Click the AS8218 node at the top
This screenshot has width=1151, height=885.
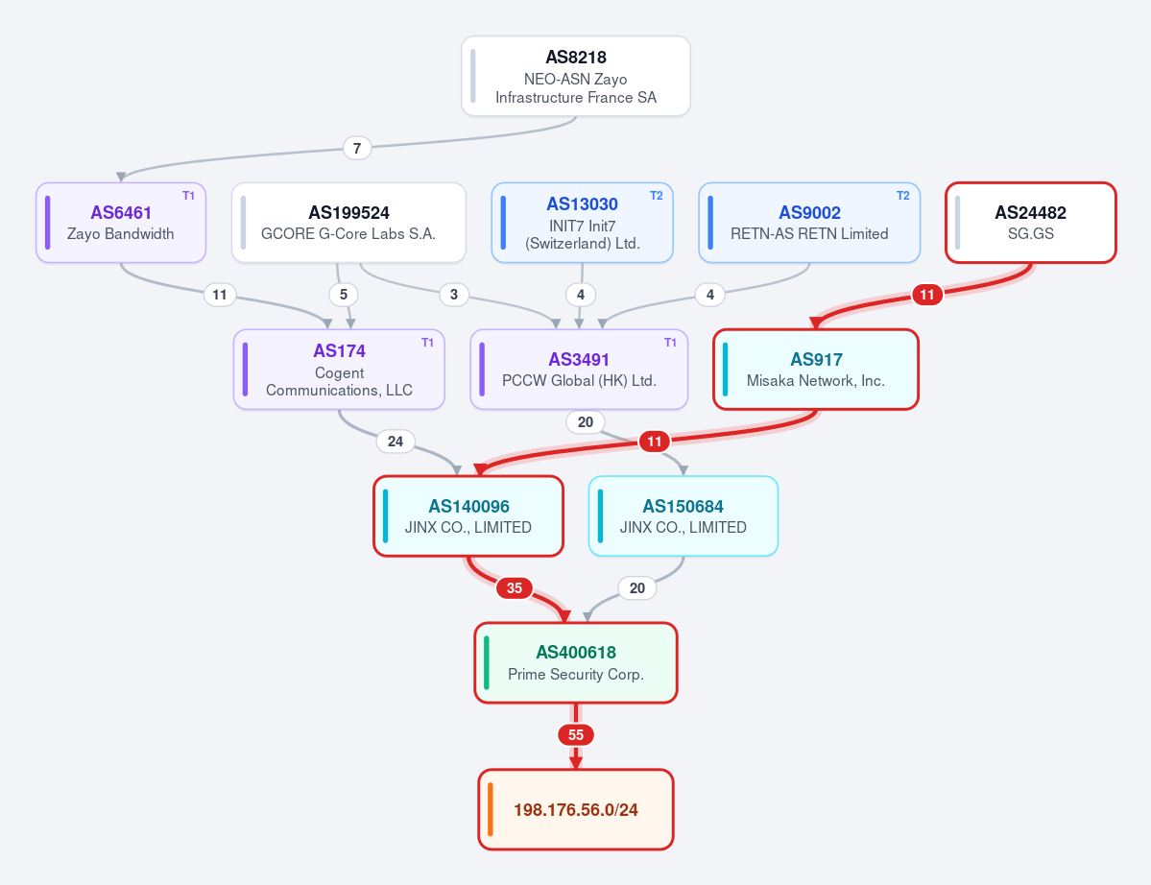click(576, 77)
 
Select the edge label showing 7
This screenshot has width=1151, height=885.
click(357, 148)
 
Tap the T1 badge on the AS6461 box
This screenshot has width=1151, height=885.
click(189, 196)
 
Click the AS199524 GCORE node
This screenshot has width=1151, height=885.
click(348, 223)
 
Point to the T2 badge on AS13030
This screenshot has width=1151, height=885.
click(657, 196)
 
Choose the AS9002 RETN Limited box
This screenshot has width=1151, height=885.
click(809, 223)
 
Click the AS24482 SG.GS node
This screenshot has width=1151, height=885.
click(1031, 223)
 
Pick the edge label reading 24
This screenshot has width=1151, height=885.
click(396, 441)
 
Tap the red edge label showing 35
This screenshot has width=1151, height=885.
click(515, 587)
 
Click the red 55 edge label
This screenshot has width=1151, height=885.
click(576, 734)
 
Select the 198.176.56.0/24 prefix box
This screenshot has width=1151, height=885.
click(576, 809)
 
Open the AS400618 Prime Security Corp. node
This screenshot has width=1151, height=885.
click(576, 662)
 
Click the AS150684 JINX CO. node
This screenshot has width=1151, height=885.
click(683, 515)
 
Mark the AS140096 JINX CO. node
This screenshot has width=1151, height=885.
click(468, 515)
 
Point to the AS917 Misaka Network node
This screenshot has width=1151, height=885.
click(816, 370)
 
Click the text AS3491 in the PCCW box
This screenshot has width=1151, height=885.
click(579, 360)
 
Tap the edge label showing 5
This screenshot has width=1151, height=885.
click(344, 295)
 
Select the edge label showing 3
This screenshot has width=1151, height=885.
click(454, 295)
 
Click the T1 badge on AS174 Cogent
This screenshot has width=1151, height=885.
click(427, 343)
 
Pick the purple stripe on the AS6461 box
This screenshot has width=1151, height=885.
click(48, 223)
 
